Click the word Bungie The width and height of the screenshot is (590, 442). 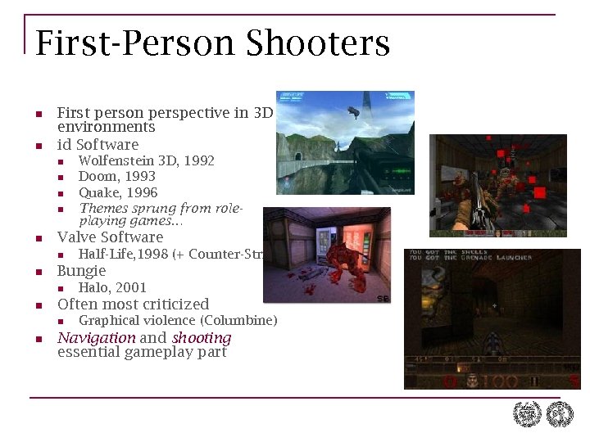[81, 271]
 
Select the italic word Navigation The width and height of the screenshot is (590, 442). [96, 337]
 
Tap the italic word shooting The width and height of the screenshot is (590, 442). [202, 338]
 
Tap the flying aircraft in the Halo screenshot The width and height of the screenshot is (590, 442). [353, 111]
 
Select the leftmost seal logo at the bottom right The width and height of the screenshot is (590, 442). [527, 414]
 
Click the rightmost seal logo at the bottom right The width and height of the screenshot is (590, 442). [560, 414]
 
